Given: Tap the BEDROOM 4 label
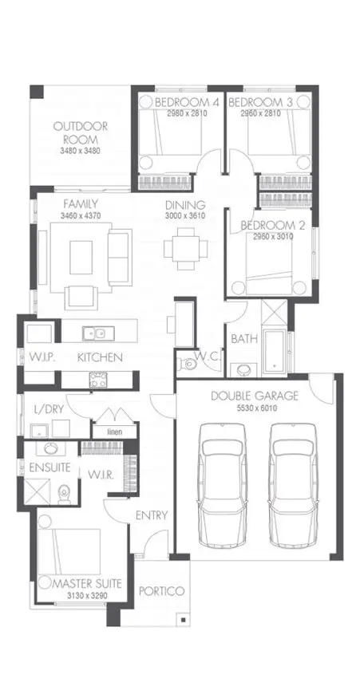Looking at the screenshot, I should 186,103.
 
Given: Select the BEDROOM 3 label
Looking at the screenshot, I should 259,103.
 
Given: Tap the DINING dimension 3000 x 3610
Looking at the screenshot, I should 185,216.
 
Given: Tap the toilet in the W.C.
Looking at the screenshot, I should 188,365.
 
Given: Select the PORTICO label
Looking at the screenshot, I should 162,591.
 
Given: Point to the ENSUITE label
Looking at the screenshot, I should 49,467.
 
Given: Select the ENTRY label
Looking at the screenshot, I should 151,515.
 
